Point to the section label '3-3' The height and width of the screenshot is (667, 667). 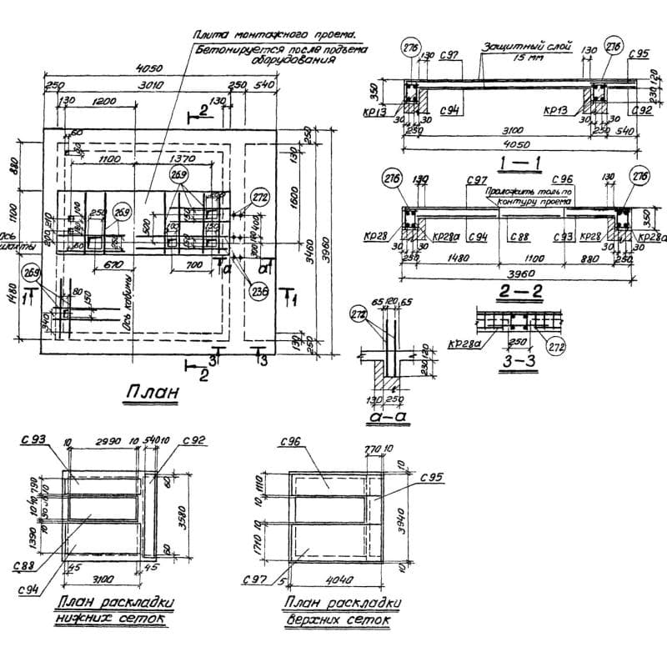[506, 363]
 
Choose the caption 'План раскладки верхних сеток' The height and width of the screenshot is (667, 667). [342, 613]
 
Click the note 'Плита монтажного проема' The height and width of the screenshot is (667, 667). [273, 35]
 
